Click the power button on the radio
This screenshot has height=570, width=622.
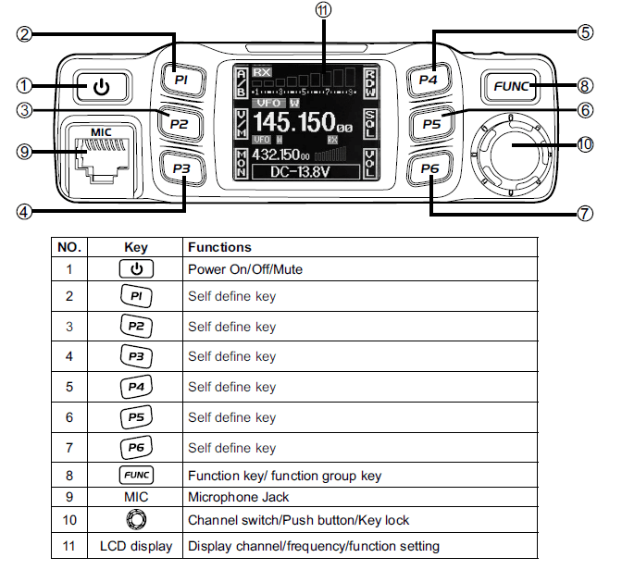tap(101, 87)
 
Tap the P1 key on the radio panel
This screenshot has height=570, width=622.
tap(181, 81)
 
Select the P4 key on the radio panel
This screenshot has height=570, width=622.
tap(427, 80)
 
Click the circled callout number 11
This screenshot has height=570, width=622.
tap(322, 11)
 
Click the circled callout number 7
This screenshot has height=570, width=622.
tap(584, 213)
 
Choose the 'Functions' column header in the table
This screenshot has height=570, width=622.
tap(219, 247)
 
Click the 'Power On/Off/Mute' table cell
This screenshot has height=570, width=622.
tap(244, 270)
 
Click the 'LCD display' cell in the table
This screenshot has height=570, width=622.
tap(136, 546)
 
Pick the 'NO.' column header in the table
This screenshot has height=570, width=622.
tap(69, 247)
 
